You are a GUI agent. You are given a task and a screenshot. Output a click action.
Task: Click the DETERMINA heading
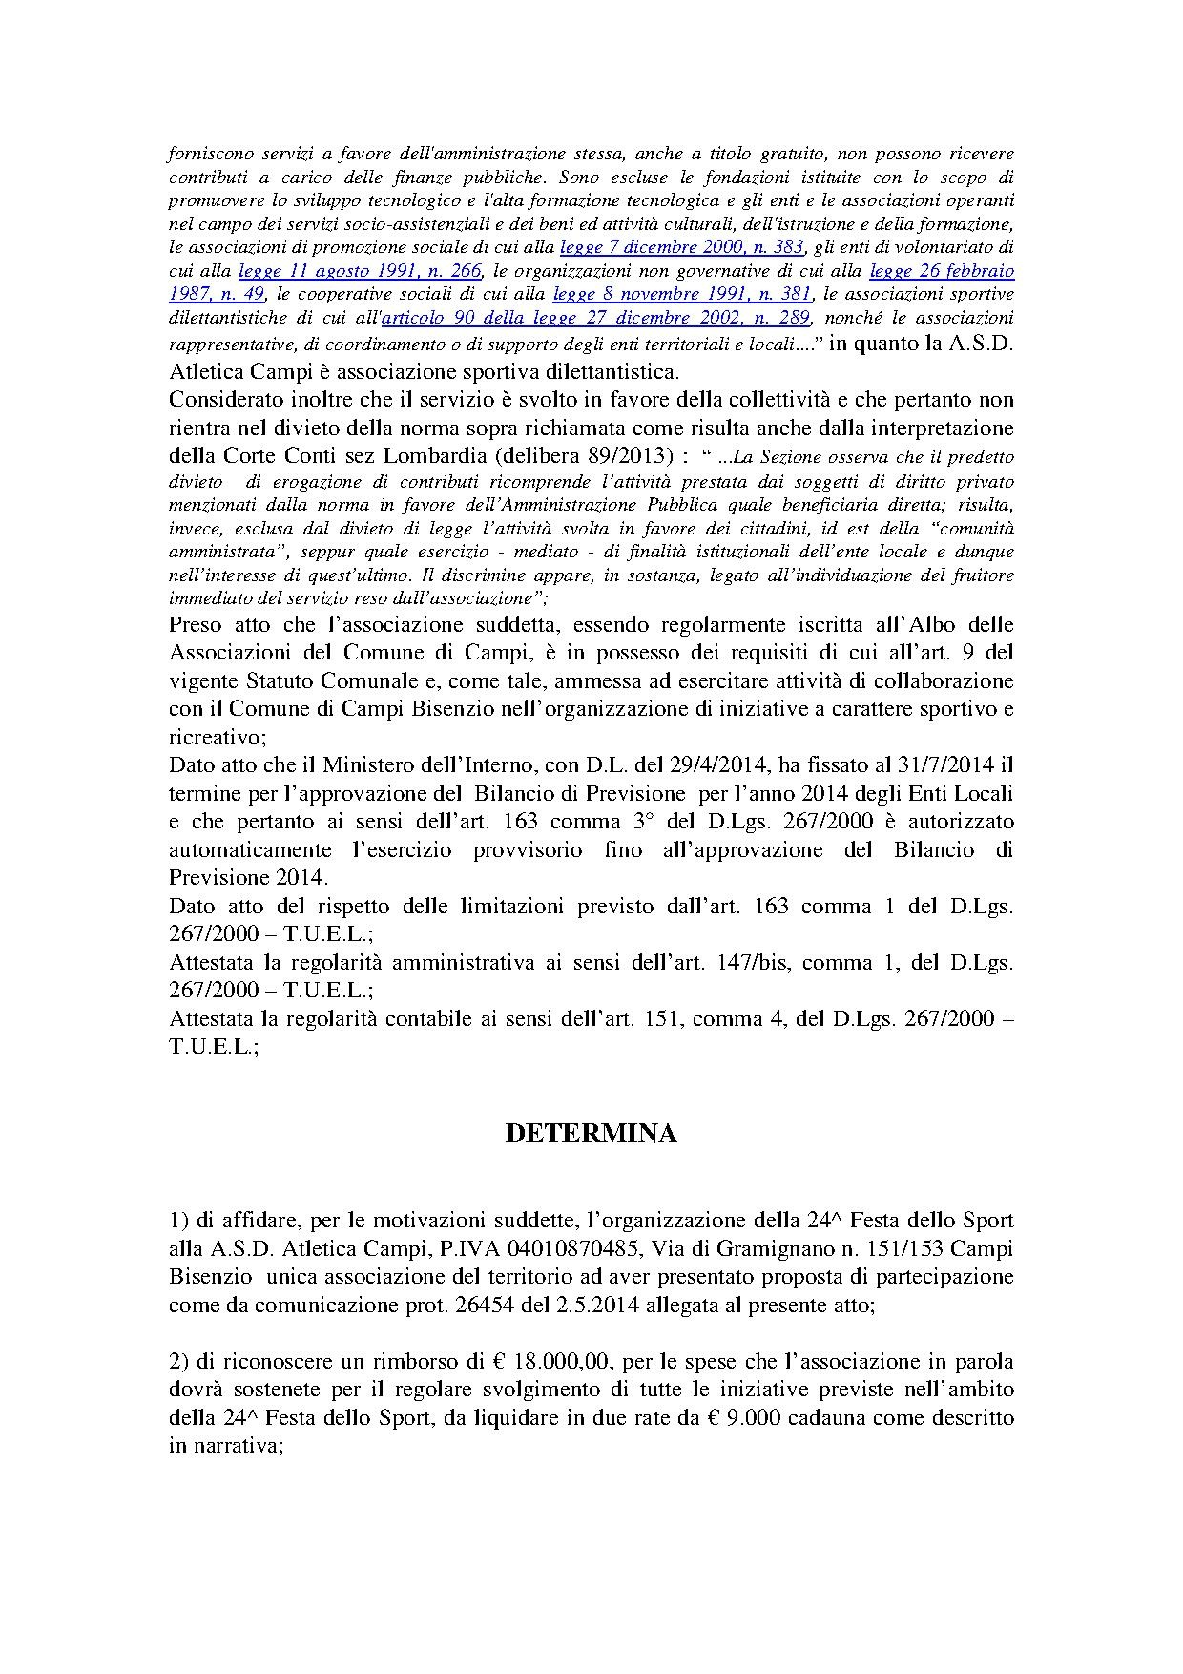591,1133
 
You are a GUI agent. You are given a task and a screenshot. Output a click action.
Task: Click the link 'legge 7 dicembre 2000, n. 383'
682,247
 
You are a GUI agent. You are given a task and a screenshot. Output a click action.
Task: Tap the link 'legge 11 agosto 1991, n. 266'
360,270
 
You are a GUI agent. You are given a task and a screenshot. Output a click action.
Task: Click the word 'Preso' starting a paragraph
194,625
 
